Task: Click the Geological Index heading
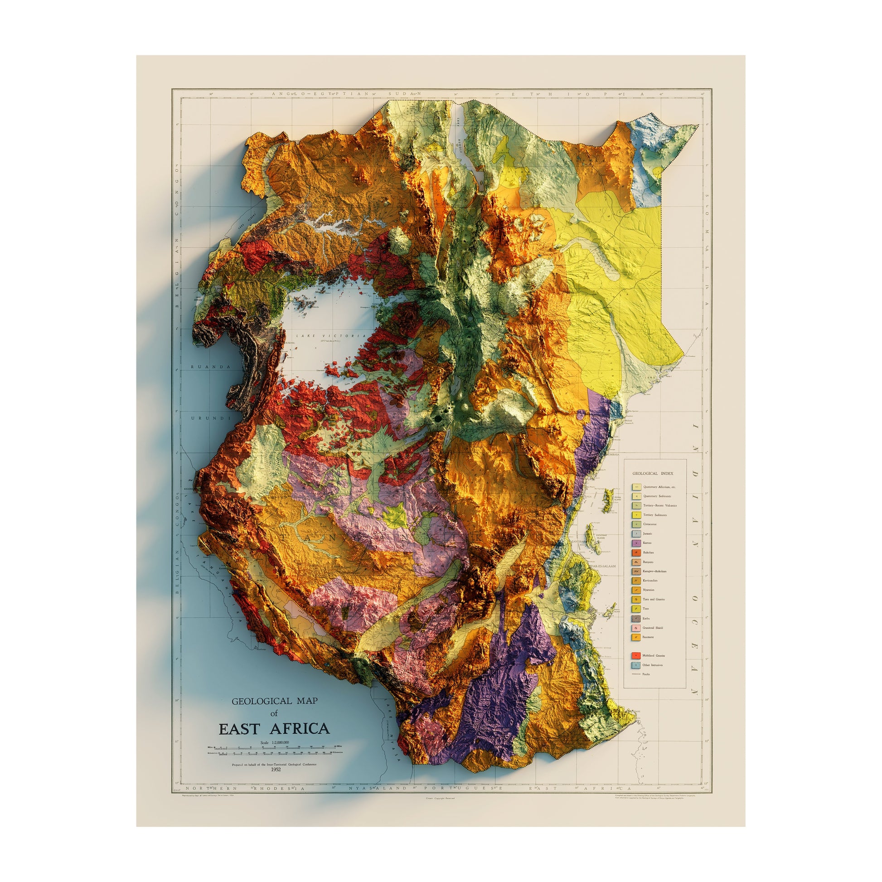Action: click(653, 474)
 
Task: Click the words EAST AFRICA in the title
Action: click(274, 729)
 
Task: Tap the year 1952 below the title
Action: click(276, 769)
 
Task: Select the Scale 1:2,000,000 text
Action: click(274, 743)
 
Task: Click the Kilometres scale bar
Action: click(274, 756)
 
